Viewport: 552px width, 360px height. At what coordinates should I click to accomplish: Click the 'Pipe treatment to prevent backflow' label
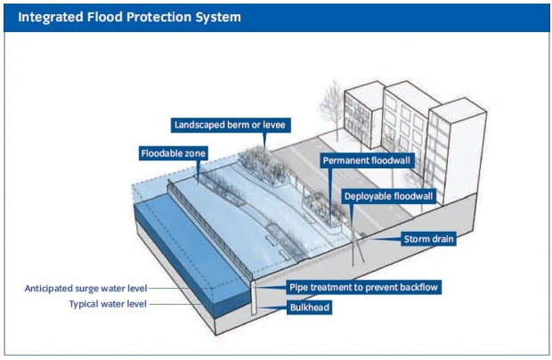[364, 288]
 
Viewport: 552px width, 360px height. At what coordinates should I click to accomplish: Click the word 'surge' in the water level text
[101, 289]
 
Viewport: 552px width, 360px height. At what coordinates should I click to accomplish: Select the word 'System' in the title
[216, 17]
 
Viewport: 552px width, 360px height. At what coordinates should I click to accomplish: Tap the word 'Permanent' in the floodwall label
[345, 161]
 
